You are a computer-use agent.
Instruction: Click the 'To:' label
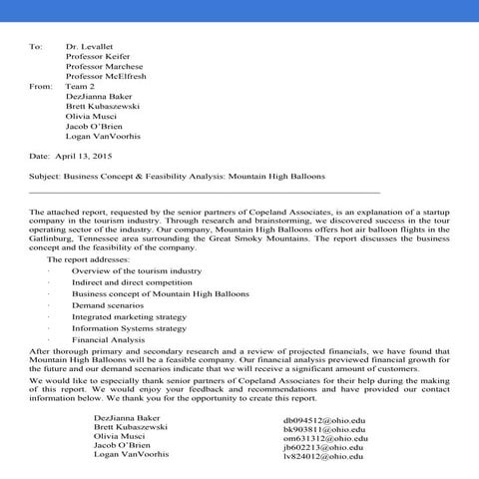(x=37, y=47)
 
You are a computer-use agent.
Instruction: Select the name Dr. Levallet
(x=91, y=47)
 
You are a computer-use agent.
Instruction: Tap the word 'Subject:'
(x=49, y=175)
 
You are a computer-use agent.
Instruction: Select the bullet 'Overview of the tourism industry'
(x=137, y=270)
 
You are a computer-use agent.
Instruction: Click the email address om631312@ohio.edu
(x=324, y=438)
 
